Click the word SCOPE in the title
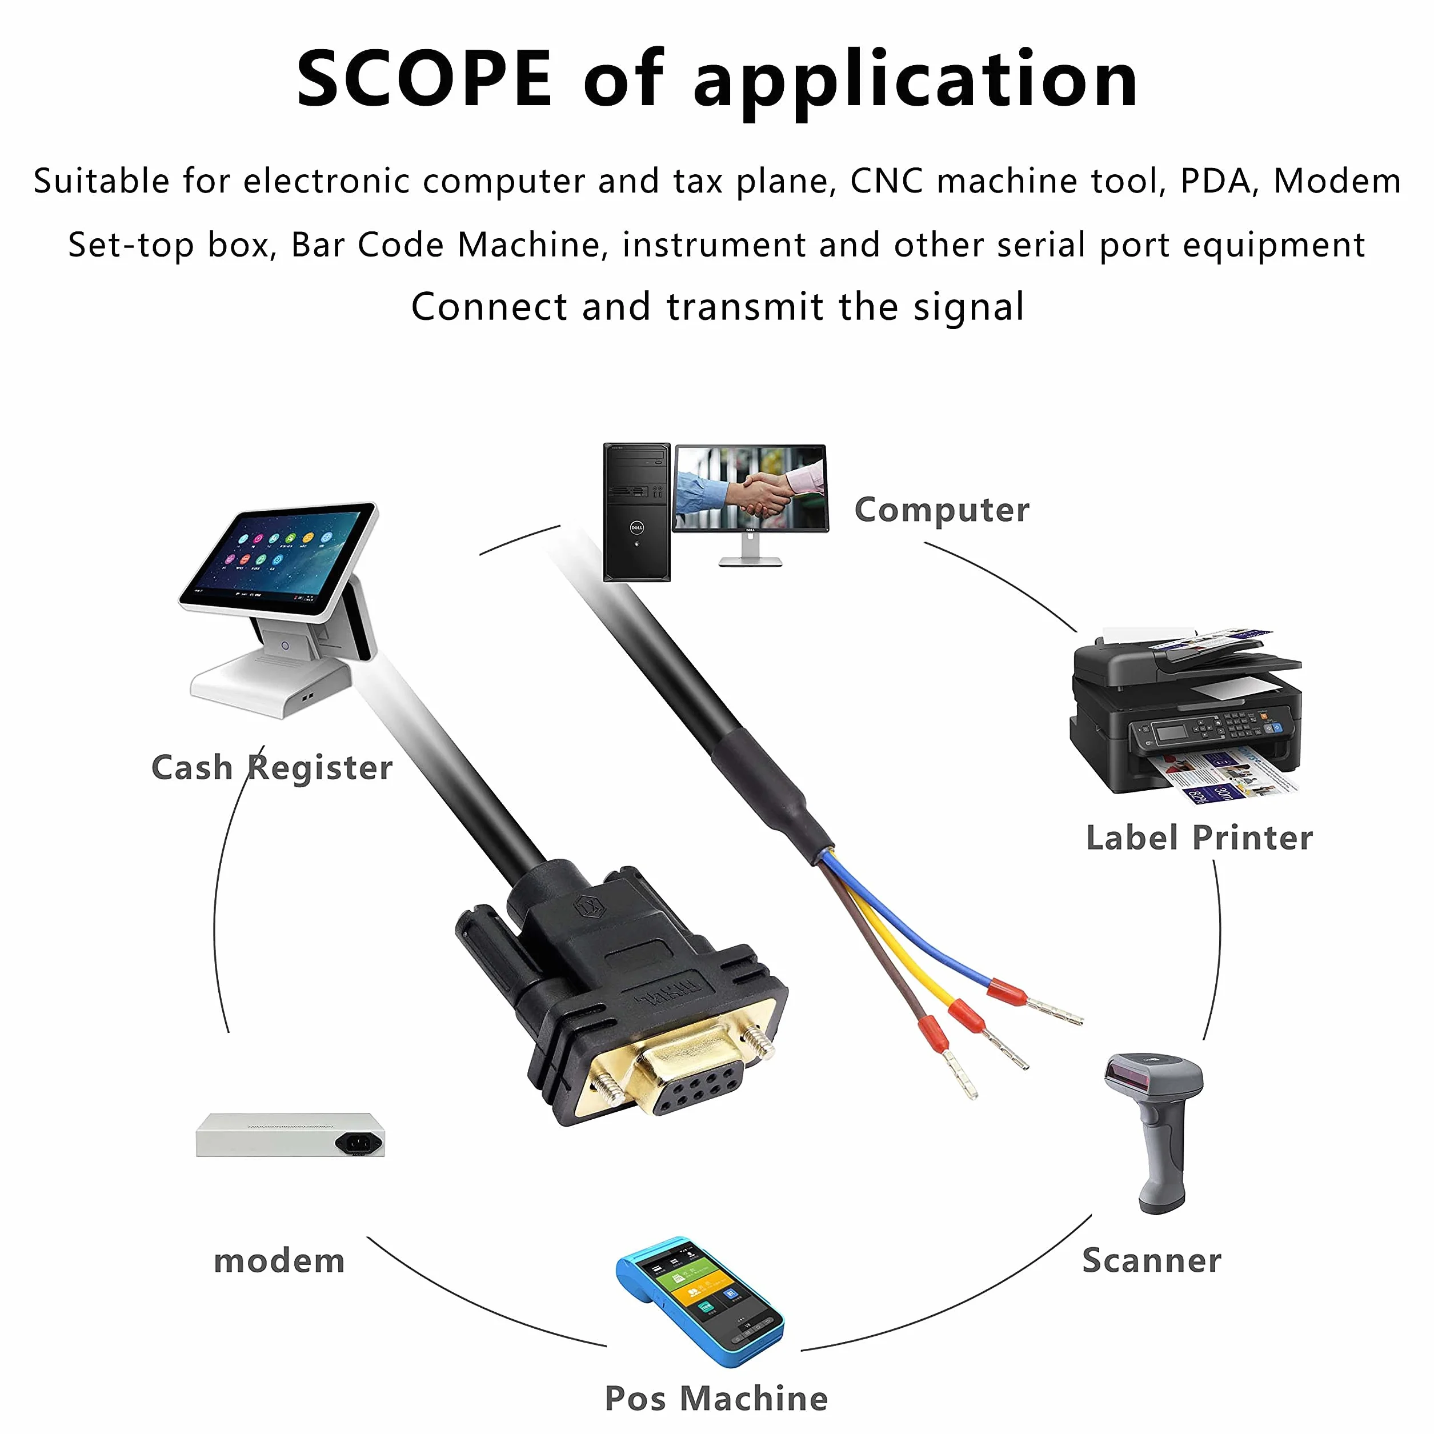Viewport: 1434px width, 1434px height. [x=424, y=78]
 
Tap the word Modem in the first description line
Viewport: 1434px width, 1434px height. [x=1337, y=181]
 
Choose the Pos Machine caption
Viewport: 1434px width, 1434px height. [x=716, y=1399]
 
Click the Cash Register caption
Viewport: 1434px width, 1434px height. [x=271, y=767]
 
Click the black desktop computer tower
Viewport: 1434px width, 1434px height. [x=636, y=512]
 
